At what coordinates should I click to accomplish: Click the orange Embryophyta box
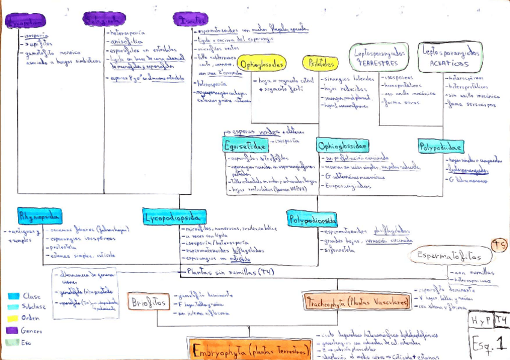pos(250,349)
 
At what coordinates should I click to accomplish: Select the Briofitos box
pos(148,302)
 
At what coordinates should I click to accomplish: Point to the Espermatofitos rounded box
pos(450,256)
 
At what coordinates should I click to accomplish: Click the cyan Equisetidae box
pos(245,145)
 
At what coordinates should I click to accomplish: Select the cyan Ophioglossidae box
pos(342,145)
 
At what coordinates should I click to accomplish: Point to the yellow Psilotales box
pos(320,63)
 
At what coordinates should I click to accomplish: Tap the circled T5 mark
pos(499,245)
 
